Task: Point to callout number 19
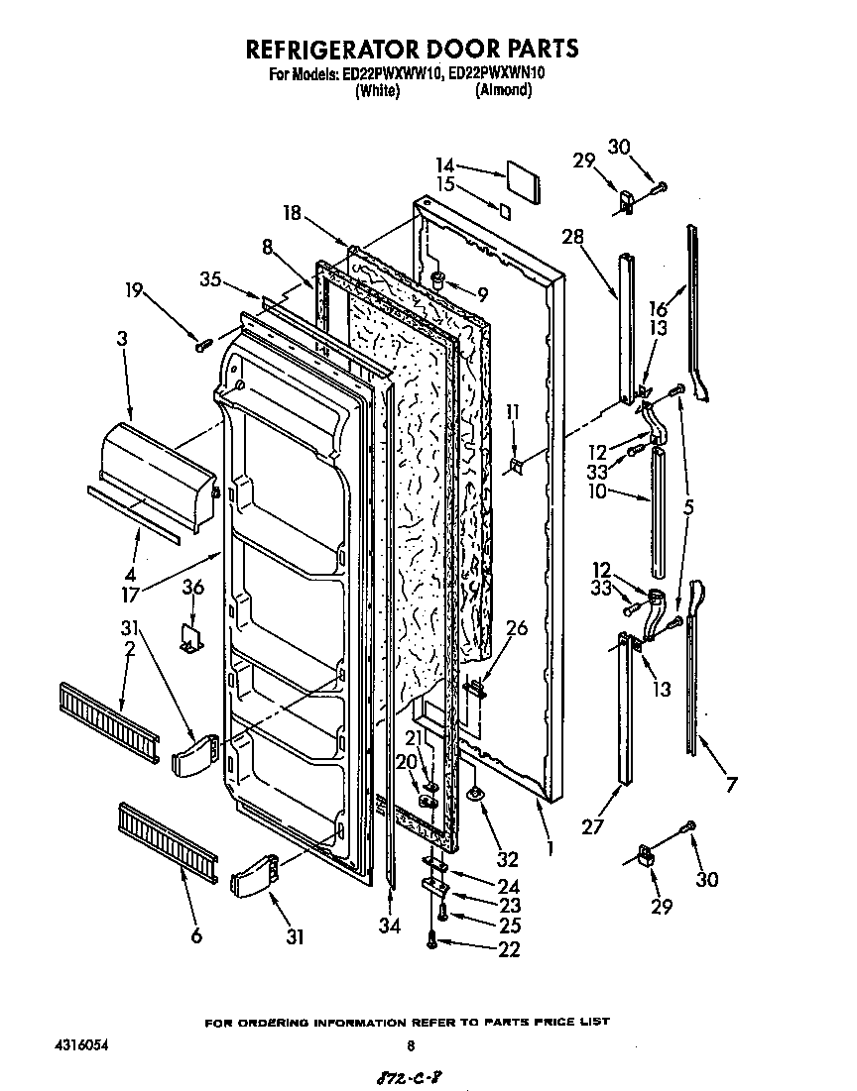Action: (134, 290)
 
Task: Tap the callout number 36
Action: (193, 588)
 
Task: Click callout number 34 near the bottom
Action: (391, 927)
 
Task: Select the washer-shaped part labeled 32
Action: (477, 791)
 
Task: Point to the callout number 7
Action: (731, 787)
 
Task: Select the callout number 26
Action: (516, 627)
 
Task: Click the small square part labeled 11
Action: (516, 464)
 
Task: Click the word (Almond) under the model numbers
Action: (503, 90)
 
